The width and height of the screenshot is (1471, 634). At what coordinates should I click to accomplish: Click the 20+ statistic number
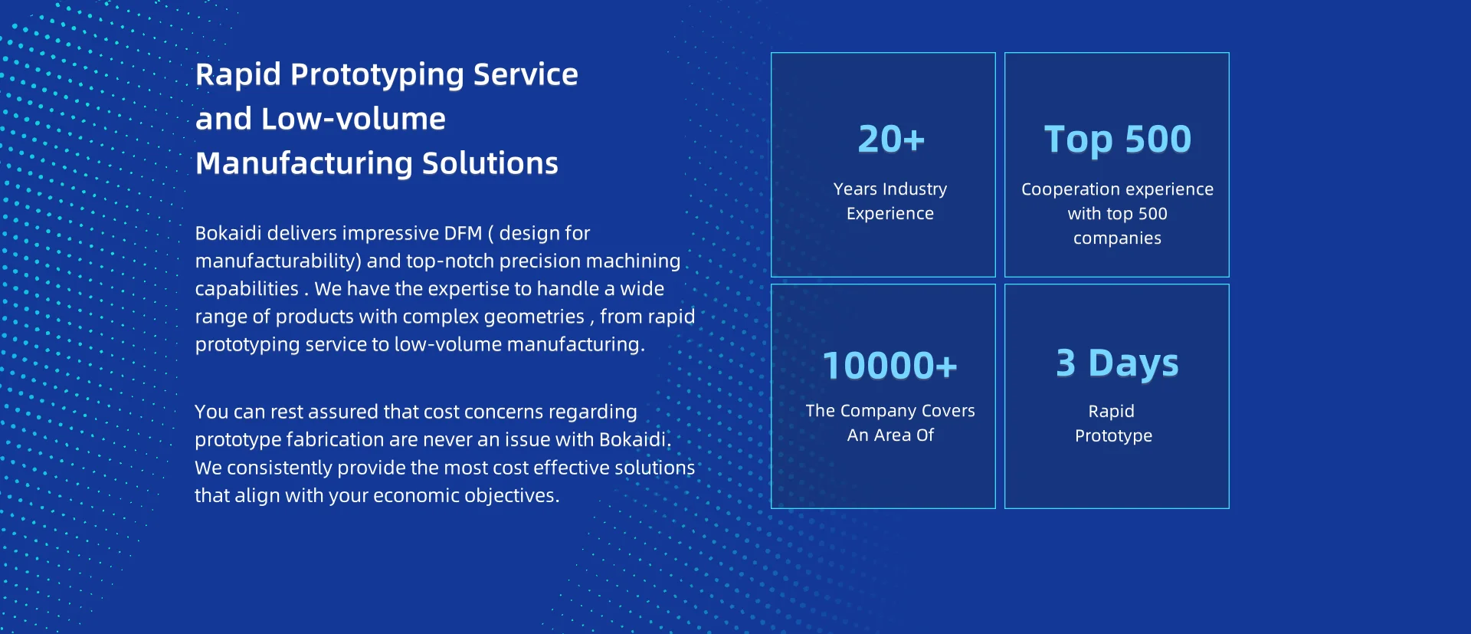[x=891, y=140]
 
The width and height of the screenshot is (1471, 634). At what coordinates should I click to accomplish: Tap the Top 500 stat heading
[x=1118, y=140]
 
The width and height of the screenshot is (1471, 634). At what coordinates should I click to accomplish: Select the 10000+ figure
[x=890, y=366]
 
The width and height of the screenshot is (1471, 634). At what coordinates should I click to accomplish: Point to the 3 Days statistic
[x=1117, y=363]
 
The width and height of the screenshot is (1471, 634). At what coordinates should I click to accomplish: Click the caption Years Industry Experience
[x=890, y=201]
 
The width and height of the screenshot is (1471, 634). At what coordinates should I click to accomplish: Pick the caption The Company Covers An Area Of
[x=890, y=422]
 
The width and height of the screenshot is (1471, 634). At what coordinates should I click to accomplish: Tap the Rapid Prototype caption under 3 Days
[x=1113, y=423]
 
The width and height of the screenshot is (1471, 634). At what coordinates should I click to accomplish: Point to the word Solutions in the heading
[x=490, y=163]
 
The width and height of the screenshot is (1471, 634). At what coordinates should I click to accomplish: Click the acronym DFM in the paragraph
[x=464, y=233]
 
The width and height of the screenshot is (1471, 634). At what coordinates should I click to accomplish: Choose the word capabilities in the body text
[x=247, y=290]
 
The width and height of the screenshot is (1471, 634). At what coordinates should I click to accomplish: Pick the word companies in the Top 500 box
[x=1117, y=238]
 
